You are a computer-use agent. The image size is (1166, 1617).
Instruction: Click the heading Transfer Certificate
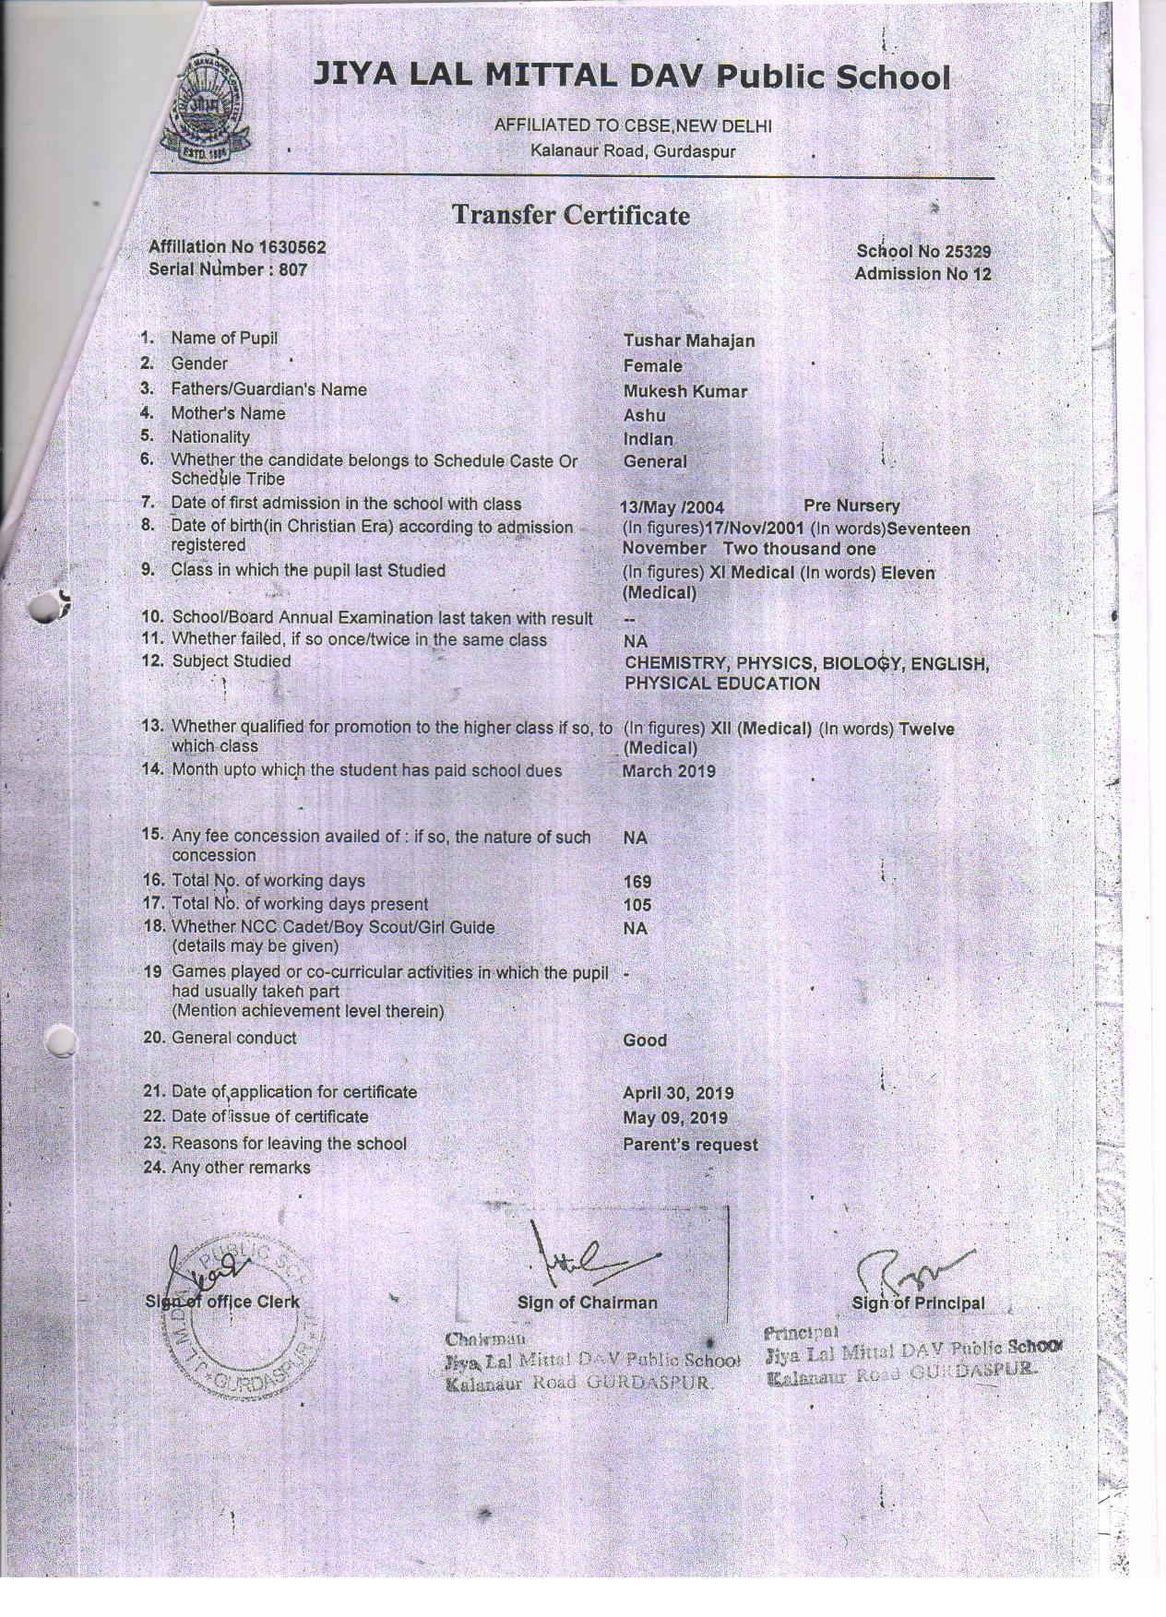[x=570, y=215]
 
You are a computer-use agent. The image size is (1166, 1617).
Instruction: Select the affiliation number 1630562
[x=292, y=247]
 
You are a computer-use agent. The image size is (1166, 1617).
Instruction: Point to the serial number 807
[x=292, y=269]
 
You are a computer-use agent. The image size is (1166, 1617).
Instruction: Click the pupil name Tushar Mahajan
[x=688, y=341]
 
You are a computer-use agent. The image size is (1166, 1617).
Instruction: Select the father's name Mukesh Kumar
[x=684, y=391]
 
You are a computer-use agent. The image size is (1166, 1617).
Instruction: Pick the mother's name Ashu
[x=644, y=415]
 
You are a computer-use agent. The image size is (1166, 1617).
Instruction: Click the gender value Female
[x=652, y=366]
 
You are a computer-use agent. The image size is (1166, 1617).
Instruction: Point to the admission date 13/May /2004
[x=672, y=507]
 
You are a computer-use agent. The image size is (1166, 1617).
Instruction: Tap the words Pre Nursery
[x=851, y=505]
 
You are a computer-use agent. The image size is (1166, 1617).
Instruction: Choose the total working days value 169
[x=637, y=882]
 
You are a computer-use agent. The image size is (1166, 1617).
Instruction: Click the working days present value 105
[x=637, y=906]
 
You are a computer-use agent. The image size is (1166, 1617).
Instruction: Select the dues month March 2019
[x=668, y=771]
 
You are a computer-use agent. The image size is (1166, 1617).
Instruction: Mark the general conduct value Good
[x=644, y=1040]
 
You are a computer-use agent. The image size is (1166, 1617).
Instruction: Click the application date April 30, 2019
[x=678, y=1093]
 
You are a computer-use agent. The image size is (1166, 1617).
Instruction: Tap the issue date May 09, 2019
[x=674, y=1118]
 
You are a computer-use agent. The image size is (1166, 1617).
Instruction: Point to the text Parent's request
[x=690, y=1145]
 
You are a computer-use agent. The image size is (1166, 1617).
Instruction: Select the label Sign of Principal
[x=918, y=1303]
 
